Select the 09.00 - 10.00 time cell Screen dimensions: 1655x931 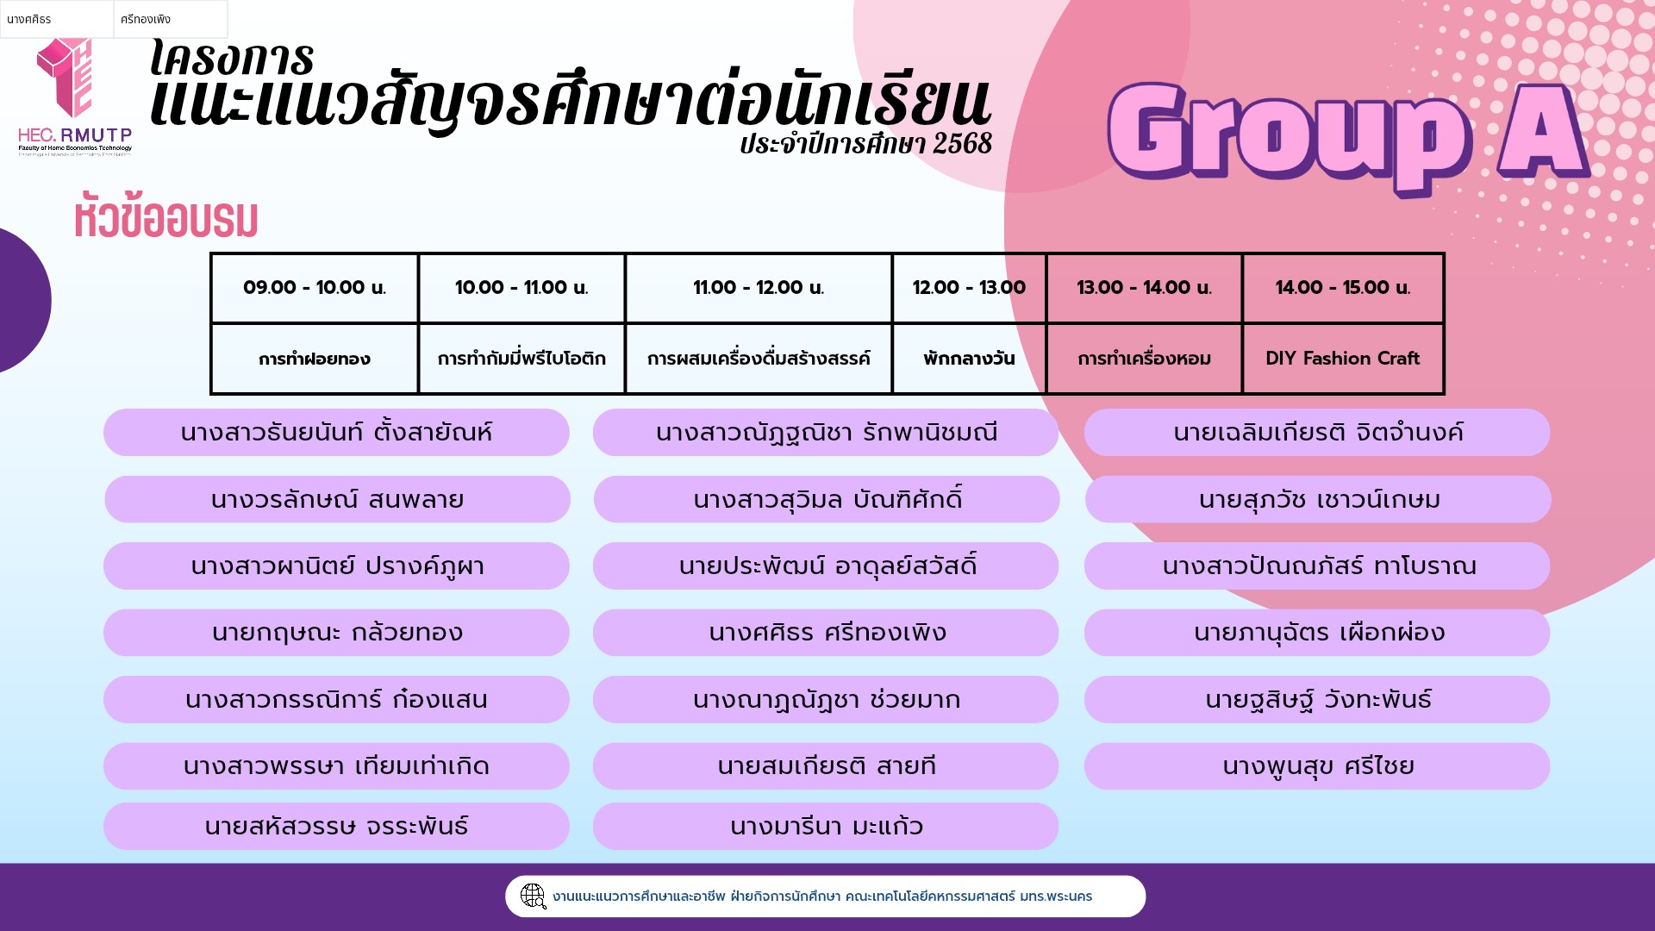pyautogui.click(x=315, y=288)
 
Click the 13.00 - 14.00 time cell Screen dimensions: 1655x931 pyautogui.click(x=1144, y=288)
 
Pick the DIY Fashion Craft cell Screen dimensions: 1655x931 pyautogui.click(x=1342, y=359)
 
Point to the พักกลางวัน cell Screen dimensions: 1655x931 pyautogui.click(x=969, y=359)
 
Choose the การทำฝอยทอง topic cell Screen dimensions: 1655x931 pyautogui.click(x=315, y=359)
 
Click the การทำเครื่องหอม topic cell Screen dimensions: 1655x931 pyautogui.click(x=1144, y=359)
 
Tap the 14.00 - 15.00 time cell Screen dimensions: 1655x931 pyautogui.click(x=1342, y=288)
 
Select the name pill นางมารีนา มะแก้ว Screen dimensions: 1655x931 pyautogui.click(x=826, y=826)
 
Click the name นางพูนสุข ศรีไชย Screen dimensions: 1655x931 pyautogui.click(x=1317, y=765)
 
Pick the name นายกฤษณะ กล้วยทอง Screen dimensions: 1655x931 pyautogui.click(x=336, y=632)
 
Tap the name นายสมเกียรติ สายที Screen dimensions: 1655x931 pyautogui.click(x=826, y=765)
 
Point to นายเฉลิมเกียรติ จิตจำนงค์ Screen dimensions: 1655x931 pyautogui.click(x=1317, y=432)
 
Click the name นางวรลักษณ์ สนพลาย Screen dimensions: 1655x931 pyautogui.click(x=337, y=499)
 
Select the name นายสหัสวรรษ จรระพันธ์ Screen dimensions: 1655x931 pyautogui.click(x=336, y=826)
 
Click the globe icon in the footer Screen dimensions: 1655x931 pyautogui.click(x=534, y=897)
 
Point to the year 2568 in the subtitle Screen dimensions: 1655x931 pyautogui.click(x=962, y=143)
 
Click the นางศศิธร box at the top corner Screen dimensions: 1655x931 pyautogui.click(x=57, y=19)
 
